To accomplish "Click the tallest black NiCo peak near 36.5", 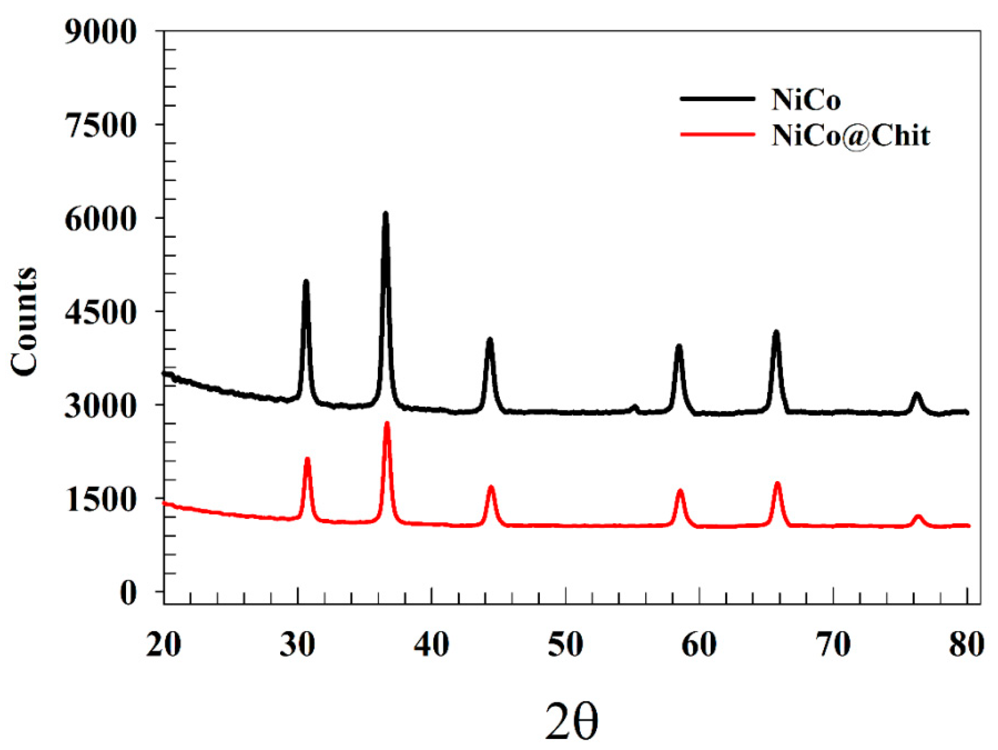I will (385, 214).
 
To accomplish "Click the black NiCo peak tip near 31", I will (306, 282).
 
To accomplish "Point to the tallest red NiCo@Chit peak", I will (387, 424).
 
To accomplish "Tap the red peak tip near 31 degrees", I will (307, 459).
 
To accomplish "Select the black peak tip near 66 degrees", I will (776, 333).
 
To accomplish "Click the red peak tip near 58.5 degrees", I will (680, 491).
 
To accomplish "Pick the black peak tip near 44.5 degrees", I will (490, 339).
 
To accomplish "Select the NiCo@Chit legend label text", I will (850, 135).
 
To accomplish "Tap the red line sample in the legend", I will (717, 134).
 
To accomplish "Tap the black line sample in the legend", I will (717, 98).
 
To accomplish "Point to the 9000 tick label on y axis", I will (100, 32).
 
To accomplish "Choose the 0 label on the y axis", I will (128, 592).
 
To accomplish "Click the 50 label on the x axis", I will (565, 645).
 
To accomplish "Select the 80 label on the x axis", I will (967, 645).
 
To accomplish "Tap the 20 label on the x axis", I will (163, 645).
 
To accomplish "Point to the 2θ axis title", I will (571, 721).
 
